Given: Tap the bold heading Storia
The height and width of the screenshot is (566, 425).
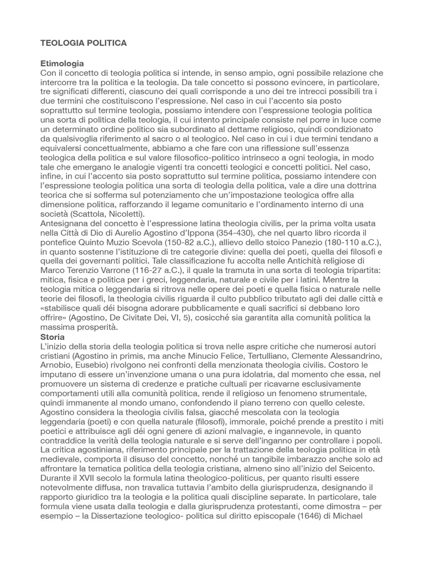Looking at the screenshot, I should (x=53, y=337).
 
